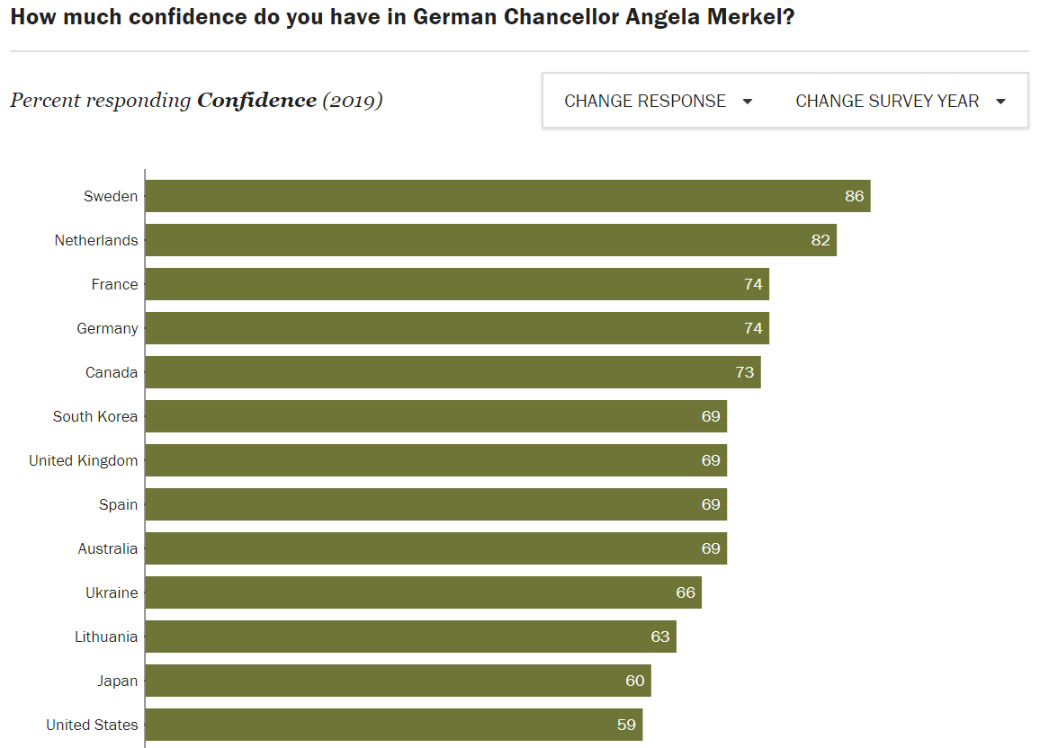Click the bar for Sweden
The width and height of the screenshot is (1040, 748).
click(x=507, y=196)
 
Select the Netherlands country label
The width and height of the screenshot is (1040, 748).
click(x=96, y=240)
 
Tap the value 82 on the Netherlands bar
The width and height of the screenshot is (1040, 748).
click(x=820, y=240)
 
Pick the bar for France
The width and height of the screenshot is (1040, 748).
click(x=457, y=284)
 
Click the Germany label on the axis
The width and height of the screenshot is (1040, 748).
click(x=107, y=328)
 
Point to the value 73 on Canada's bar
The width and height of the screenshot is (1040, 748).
click(x=745, y=372)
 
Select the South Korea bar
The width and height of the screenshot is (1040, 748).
click(x=435, y=416)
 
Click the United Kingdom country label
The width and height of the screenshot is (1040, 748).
click(x=84, y=460)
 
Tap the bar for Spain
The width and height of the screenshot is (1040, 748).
click(x=435, y=504)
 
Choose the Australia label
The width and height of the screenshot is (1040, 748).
click(x=108, y=548)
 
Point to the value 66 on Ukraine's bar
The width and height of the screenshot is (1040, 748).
click(x=686, y=592)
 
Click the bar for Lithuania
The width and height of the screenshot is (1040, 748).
click(x=410, y=637)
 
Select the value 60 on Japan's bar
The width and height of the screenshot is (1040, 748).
click(x=635, y=681)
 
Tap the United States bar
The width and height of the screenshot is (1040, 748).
click(x=393, y=725)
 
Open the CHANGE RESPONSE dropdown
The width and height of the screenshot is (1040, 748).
click(x=658, y=102)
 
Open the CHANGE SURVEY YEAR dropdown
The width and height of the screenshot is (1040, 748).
click(x=901, y=102)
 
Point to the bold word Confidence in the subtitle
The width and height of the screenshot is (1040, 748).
click(x=257, y=100)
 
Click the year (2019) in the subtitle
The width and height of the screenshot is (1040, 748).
click(x=353, y=100)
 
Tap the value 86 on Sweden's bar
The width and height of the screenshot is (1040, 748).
click(x=855, y=196)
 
